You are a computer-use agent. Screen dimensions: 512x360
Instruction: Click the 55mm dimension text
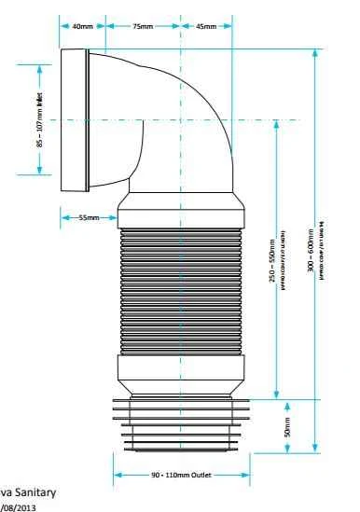(90, 217)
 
